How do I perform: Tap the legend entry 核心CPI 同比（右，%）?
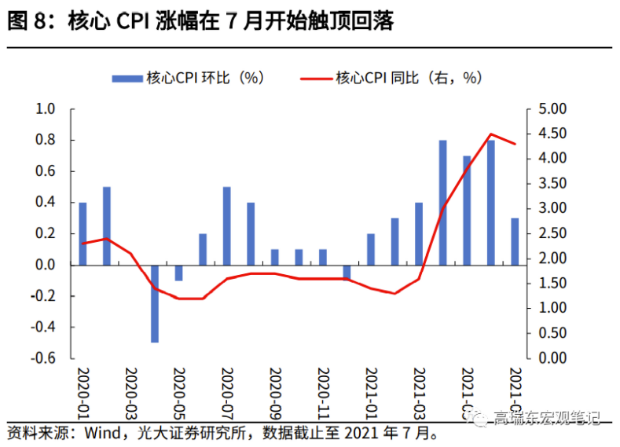(393, 77)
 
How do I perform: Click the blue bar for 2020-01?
(83, 233)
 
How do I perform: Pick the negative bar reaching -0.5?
(155, 303)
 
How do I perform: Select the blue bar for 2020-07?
(226, 225)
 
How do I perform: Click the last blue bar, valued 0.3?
(515, 241)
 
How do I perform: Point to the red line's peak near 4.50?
(491, 134)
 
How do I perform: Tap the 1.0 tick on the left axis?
(46, 109)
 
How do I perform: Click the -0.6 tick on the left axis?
(43, 358)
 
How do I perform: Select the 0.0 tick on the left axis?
(46, 265)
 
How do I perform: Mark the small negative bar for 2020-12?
(347, 272)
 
